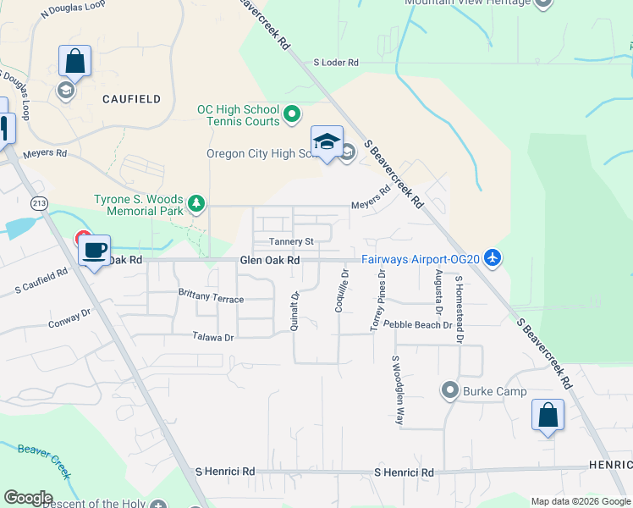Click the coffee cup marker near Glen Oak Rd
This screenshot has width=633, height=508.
pos(95,250)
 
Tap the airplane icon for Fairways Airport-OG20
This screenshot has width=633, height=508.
pos(494,258)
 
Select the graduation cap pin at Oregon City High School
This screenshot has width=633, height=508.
pos(327,141)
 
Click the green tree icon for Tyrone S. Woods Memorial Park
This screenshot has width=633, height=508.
pos(196,203)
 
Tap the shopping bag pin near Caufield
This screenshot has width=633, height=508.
pos(74,61)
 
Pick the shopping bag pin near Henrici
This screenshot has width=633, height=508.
pos(548,415)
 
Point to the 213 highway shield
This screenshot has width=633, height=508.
pos(39,203)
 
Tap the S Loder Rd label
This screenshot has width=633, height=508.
pos(336,63)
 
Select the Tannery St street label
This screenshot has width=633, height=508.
pos(291,241)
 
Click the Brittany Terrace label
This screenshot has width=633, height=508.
pos(211,300)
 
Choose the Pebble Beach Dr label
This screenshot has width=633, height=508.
pos(417,324)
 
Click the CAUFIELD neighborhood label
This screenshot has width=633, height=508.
pos(131,99)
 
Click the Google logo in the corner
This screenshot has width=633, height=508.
pos(28,498)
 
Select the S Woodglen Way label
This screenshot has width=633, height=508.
pos(395,389)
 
